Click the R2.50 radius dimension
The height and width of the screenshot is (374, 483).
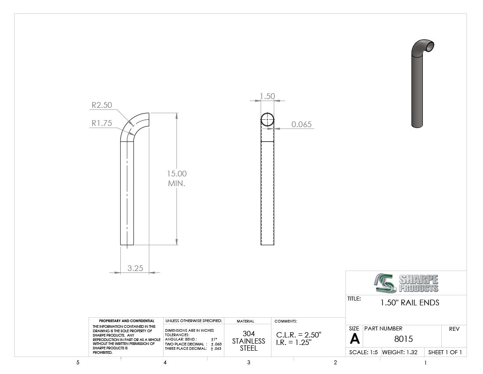[102, 105]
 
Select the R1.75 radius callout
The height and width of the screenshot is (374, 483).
[102, 123]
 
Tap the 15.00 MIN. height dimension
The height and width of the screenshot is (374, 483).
[177, 178]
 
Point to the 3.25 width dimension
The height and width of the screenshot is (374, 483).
[135, 268]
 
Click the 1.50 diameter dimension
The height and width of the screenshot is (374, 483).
[267, 96]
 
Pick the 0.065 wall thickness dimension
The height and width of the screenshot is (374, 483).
[302, 125]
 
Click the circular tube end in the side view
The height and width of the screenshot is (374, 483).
[267, 119]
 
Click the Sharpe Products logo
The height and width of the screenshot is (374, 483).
[406, 283]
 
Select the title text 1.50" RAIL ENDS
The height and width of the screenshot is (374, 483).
[410, 303]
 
